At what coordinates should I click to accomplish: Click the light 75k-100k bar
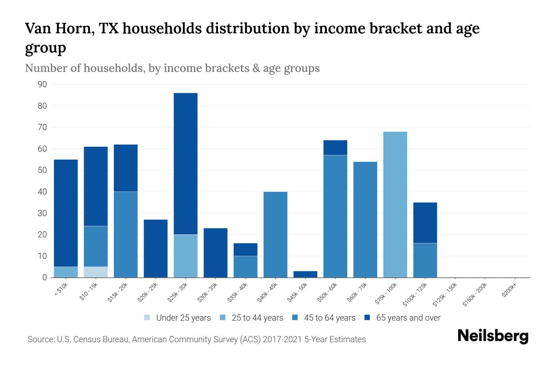tap(395, 204)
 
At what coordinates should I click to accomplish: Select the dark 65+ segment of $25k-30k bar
tap(186, 163)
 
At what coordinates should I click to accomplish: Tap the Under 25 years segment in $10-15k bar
tap(96, 272)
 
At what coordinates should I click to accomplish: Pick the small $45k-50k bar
tap(305, 274)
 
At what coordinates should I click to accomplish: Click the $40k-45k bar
tap(275, 234)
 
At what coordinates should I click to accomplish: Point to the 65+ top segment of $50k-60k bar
tap(335, 148)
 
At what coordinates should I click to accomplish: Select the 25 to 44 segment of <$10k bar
tap(66, 272)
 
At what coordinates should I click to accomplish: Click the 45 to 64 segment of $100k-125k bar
tap(425, 260)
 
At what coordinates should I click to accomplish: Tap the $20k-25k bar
tap(156, 248)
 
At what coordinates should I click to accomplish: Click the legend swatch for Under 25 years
tap(147, 318)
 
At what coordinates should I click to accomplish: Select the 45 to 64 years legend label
tap(329, 318)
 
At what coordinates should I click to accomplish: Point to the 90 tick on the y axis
tap(42, 84)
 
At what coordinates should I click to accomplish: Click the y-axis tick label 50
tap(42, 170)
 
